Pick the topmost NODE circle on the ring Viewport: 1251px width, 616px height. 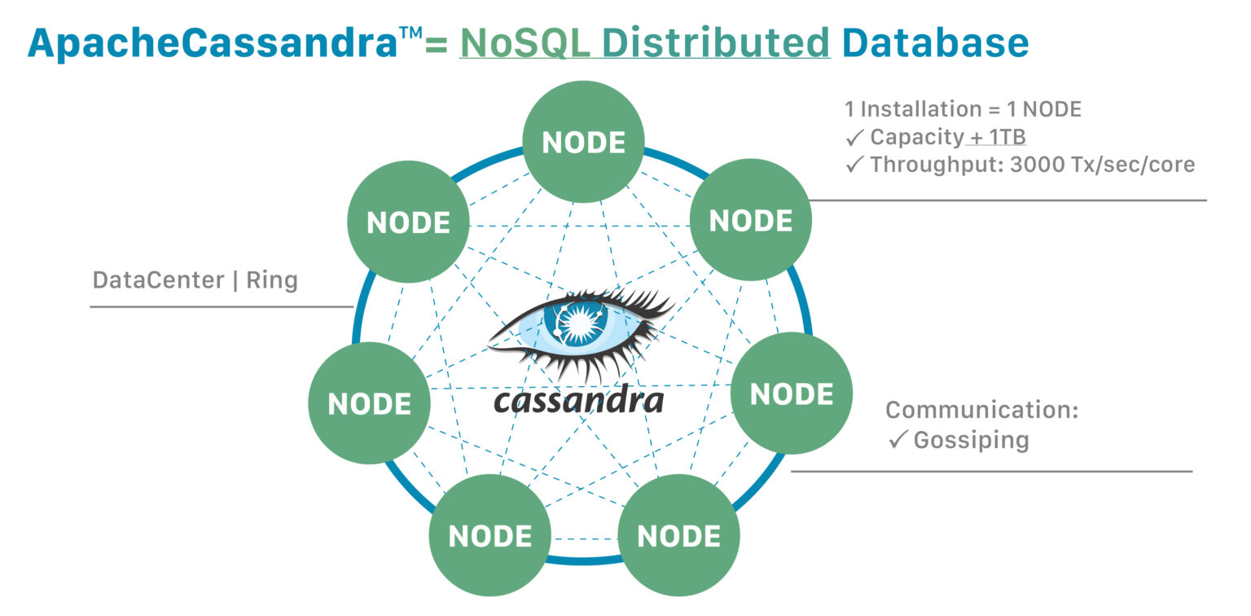pos(583,142)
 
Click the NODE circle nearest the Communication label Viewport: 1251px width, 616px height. pos(791,394)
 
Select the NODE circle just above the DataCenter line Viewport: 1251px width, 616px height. pos(408,222)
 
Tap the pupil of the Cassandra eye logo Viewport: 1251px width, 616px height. pos(579,321)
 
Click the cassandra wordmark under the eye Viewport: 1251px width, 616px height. pos(579,401)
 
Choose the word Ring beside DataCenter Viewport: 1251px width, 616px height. pos(272,280)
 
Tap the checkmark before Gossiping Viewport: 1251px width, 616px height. pos(898,440)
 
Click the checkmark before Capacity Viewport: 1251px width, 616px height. pos(854,137)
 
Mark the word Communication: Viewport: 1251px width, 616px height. pos(981,410)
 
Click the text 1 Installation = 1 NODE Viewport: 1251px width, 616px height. pos(963,109)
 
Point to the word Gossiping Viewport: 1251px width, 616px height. pos(971,440)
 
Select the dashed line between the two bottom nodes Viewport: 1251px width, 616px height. pos(584,538)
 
